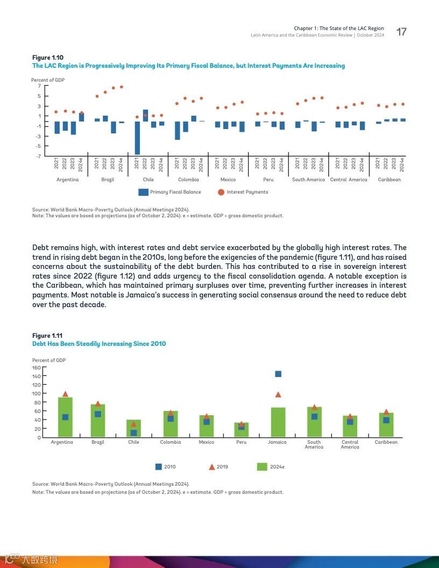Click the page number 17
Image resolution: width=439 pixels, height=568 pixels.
[x=401, y=32]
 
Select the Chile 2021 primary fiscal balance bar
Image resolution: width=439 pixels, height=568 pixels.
[x=138, y=138]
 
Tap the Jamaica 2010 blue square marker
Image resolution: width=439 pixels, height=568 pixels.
[x=278, y=374]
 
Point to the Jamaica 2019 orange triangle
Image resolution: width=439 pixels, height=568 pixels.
[x=278, y=394]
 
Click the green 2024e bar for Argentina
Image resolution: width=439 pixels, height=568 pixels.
[x=65, y=417]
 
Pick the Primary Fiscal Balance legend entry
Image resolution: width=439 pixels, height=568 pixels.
[x=169, y=192]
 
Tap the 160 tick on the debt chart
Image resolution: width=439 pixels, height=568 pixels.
[x=37, y=368]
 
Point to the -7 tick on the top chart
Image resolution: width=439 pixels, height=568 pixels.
[x=39, y=156]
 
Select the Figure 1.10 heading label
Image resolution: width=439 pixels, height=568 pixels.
[x=48, y=58]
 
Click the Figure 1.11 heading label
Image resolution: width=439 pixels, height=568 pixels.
[x=47, y=336]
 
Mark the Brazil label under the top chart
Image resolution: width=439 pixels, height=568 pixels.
[x=108, y=180]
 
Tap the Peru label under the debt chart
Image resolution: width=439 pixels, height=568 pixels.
[x=242, y=442]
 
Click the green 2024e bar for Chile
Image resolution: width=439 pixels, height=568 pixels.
[x=133, y=428]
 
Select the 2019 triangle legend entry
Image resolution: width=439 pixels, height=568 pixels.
[x=218, y=467]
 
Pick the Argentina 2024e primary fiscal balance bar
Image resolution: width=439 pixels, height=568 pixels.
[x=81, y=117]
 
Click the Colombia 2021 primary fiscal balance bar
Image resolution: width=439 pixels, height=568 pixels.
[x=178, y=130]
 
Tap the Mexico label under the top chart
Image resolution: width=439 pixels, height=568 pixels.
[x=228, y=180]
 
